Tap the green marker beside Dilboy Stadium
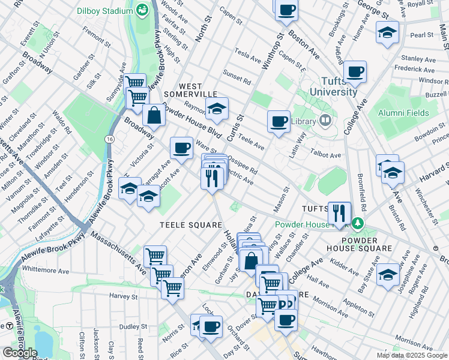tap(142, 10)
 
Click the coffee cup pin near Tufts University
tap(355, 73)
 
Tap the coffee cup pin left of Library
tap(279, 122)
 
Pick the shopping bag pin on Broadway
tap(154, 116)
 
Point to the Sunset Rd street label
tap(237, 78)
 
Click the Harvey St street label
tap(124, 296)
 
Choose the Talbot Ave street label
tap(327, 155)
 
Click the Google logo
tap(20, 353)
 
